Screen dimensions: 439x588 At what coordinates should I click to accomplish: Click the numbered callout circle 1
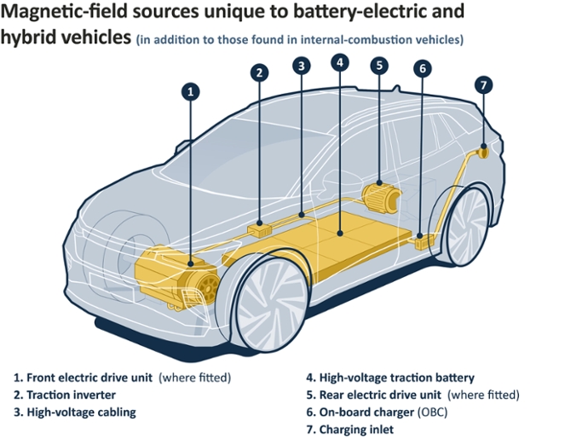192,91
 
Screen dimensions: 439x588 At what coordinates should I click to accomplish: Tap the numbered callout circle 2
259,72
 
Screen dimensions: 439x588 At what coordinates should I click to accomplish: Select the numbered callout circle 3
300,65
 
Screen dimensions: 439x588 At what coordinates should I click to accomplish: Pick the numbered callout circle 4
340,62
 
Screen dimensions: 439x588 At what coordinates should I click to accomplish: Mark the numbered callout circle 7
484,85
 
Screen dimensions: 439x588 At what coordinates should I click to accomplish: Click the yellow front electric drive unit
175,273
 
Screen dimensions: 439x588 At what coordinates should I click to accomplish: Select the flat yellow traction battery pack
341,234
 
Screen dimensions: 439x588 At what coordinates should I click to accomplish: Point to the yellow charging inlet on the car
481,153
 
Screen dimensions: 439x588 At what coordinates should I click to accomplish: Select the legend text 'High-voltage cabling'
81,412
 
